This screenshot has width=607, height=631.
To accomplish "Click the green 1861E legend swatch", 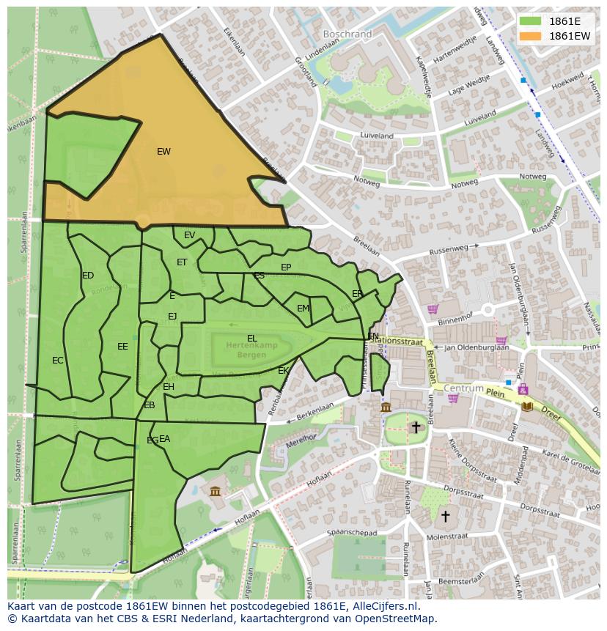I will click(x=530, y=21).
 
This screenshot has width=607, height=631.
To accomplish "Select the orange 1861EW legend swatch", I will click(x=530, y=35).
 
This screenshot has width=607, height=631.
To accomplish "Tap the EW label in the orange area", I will click(x=163, y=152).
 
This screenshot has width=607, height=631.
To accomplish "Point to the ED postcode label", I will click(x=88, y=276).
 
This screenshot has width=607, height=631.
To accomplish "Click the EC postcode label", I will click(x=58, y=361).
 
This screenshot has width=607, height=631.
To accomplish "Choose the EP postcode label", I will click(x=286, y=267).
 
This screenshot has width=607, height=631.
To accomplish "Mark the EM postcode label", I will click(x=303, y=309).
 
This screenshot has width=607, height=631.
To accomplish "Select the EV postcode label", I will click(x=189, y=235).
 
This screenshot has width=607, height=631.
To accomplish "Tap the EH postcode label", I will click(x=169, y=387).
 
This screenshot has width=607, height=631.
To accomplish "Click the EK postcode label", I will click(x=283, y=371).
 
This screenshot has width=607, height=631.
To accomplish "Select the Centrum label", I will click(x=463, y=388).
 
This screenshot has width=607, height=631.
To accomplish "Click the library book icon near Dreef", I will click(x=526, y=405).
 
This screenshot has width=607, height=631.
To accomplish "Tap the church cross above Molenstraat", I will click(x=445, y=516).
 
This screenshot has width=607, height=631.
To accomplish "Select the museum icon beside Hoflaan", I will click(x=215, y=490).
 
